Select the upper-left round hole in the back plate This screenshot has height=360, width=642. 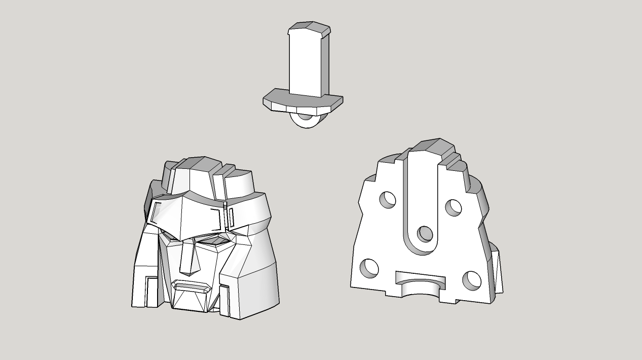coord(388,199)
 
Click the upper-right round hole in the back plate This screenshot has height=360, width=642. coord(453,207)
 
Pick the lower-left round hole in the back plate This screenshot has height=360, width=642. coord(369,268)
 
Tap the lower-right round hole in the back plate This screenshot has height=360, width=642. coord(472,279)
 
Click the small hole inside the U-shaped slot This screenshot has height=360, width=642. coord(425,234)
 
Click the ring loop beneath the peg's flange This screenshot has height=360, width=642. coord(306,120)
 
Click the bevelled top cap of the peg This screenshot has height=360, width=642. coord(309,29)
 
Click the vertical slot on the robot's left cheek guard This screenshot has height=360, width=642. coord(151,291)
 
